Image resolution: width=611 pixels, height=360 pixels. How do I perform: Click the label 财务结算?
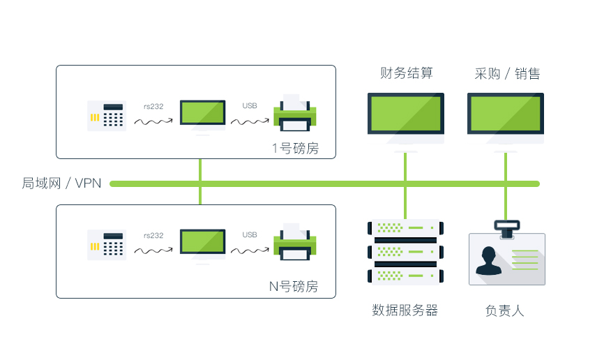click(x=406, y=73)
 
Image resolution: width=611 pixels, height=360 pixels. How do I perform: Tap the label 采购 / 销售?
click(x=506, y=73)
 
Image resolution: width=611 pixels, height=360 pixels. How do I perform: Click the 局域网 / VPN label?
click(x=61, y=183)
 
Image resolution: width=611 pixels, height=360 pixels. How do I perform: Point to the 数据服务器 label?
click(x=405, y=310)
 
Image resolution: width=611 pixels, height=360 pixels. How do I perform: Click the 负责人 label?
click(x=504, y=310)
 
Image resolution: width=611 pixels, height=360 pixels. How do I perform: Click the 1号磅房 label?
click(x=295, y=149)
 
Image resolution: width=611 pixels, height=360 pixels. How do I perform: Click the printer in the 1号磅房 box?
click(x=294, y=114)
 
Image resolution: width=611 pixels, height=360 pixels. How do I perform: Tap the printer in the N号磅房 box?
click(x=294, y=243)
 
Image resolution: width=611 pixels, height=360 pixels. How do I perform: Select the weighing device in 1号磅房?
click(x=107, y=116)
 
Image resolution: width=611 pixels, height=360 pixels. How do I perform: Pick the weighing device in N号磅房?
click(x=107, y=245)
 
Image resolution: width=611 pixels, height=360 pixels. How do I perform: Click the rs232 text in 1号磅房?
click(x=153, y=106)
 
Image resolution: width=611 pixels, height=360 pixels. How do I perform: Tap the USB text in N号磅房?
click(x=250, y=235)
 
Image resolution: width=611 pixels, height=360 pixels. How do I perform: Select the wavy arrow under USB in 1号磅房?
click(x=250, y=121)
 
